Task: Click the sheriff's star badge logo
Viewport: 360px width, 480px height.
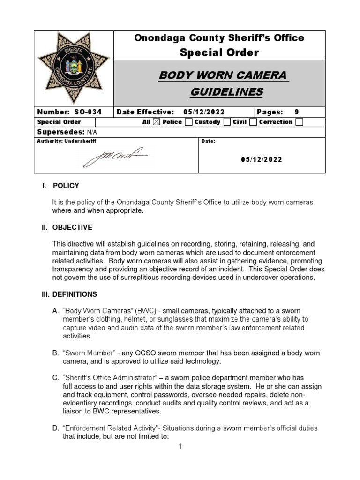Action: tap(74, 67)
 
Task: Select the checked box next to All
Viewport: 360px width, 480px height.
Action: tap(157, 122)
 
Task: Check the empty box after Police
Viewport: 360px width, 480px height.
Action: tap(188, 122)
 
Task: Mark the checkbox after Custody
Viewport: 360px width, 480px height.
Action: tap(227, 122)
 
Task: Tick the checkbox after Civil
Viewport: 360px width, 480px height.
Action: tap(253, 122)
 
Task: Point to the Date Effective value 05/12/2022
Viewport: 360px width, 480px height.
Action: tap(204, 112)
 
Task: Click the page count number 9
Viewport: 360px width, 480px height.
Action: tap(296, 112)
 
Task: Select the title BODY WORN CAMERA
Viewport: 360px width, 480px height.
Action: tap(223, 75)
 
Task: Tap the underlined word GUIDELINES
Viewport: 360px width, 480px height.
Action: tap(226, 92)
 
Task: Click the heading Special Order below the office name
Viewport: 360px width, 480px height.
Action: tap(219, 52)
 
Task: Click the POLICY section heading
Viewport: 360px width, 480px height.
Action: tap(66, 186)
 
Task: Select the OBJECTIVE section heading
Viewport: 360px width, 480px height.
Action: tap(72, 227)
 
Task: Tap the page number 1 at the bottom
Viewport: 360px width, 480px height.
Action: tap(180, 447)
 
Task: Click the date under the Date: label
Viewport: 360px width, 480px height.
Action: tap(262, 159)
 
